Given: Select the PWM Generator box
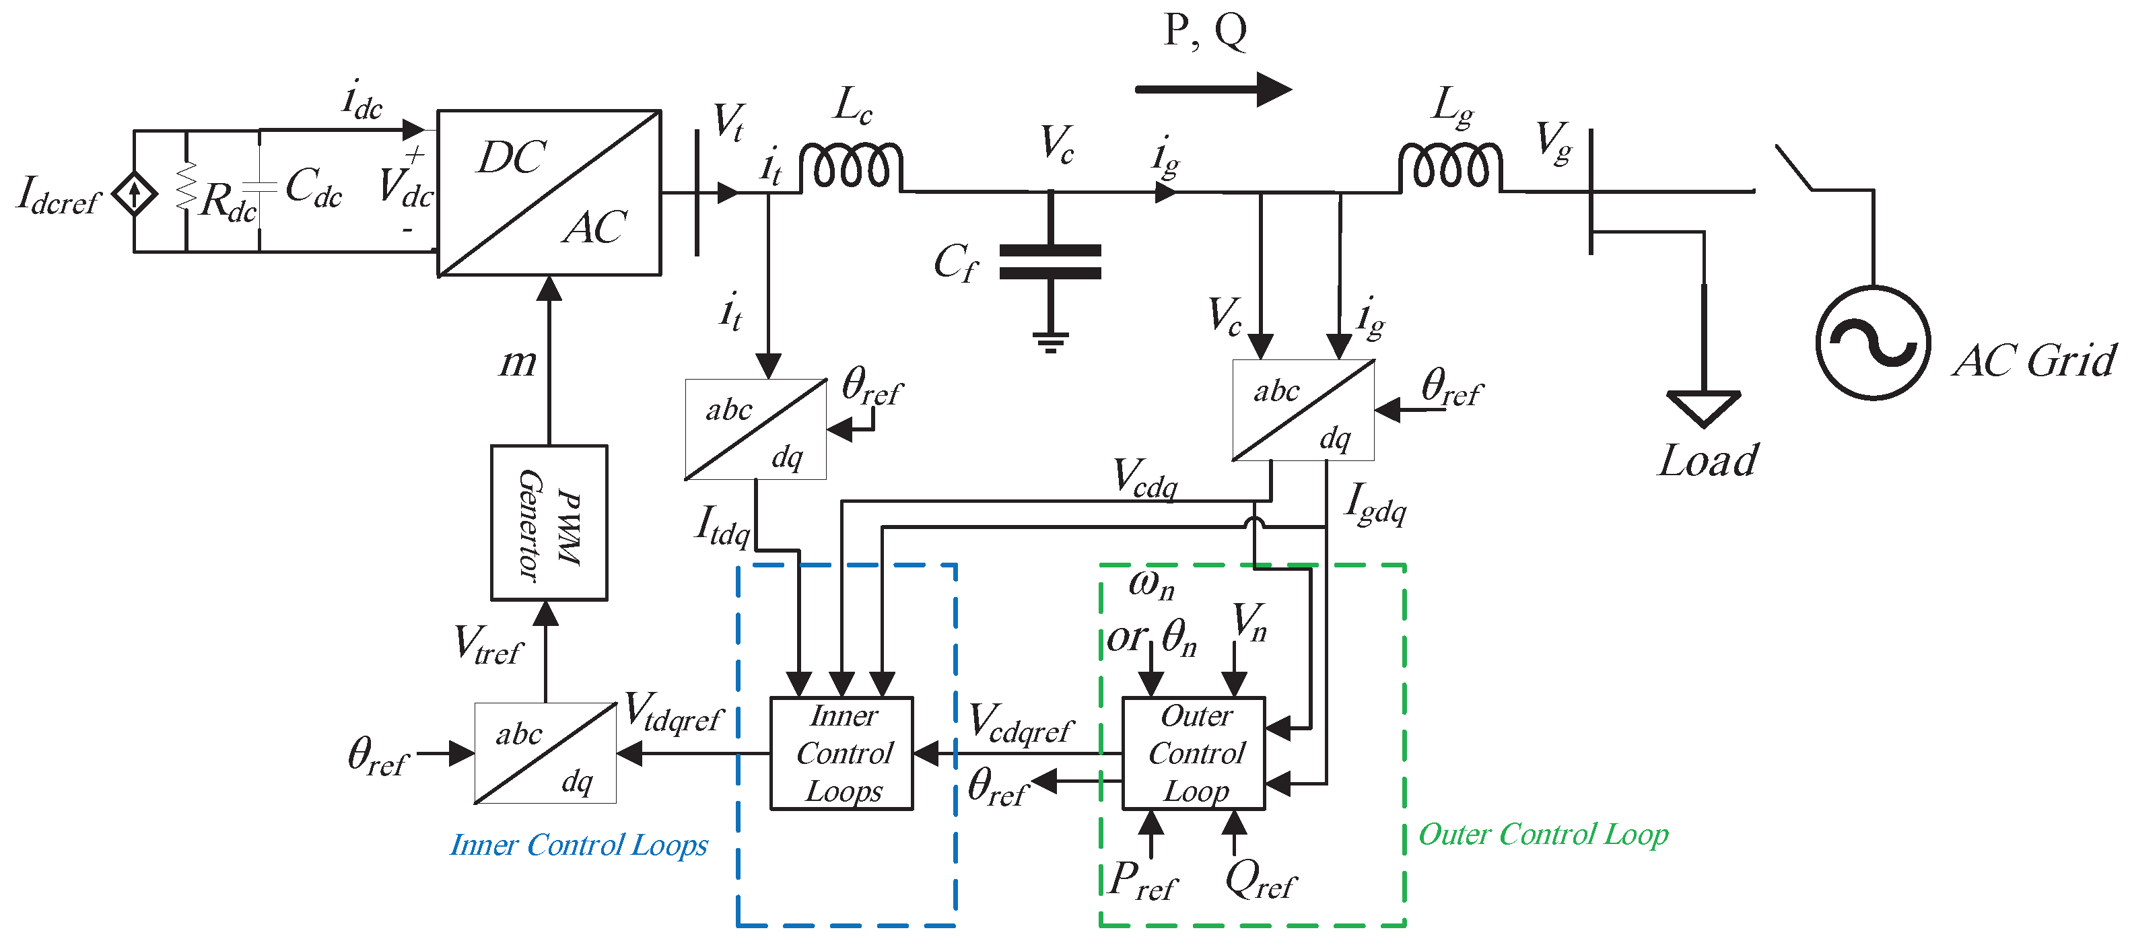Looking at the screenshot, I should pyautogui.click(x=549, y=522).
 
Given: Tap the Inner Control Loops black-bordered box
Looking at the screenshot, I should pyautogui.click(x=841, y=753).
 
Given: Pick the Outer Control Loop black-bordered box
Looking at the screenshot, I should pyautogui.click(x=1193, y=753).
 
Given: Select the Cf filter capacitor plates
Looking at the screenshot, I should pyautogui.click(x=1050, y=261).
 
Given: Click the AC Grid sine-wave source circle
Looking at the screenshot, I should pyautogui.click(x=1873, y=343).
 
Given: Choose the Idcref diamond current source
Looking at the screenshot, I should pyautogui.click(x=134, y=195).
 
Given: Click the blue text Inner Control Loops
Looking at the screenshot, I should pyautogui.click(x=579, y=845).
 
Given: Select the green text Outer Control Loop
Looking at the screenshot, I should pyautogui.click(x=1543, y=834).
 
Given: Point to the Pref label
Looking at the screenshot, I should pyautogui.click(x=1142, y=881).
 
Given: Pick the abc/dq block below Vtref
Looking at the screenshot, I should pyautogui.click(x=545, y=753).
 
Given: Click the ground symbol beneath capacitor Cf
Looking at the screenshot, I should pyautogui.click(x=1050, y=341).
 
